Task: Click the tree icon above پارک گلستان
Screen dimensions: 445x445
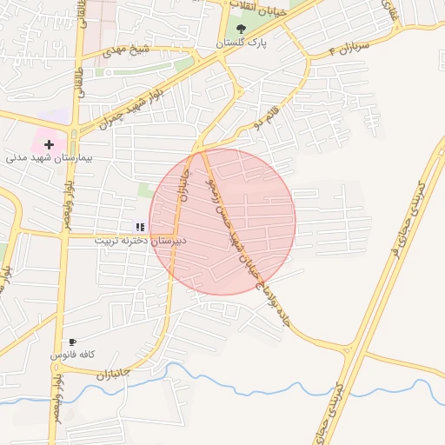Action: tap(241, 29)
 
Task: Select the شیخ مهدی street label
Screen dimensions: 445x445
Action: tap(127, 50)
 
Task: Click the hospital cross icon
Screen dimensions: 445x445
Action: tap(49, 143)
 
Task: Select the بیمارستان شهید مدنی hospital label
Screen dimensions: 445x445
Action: tap(49, 158)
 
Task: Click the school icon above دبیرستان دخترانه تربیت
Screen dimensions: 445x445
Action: tap(140, 227)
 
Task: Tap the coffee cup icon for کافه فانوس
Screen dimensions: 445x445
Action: tap(72, 342)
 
